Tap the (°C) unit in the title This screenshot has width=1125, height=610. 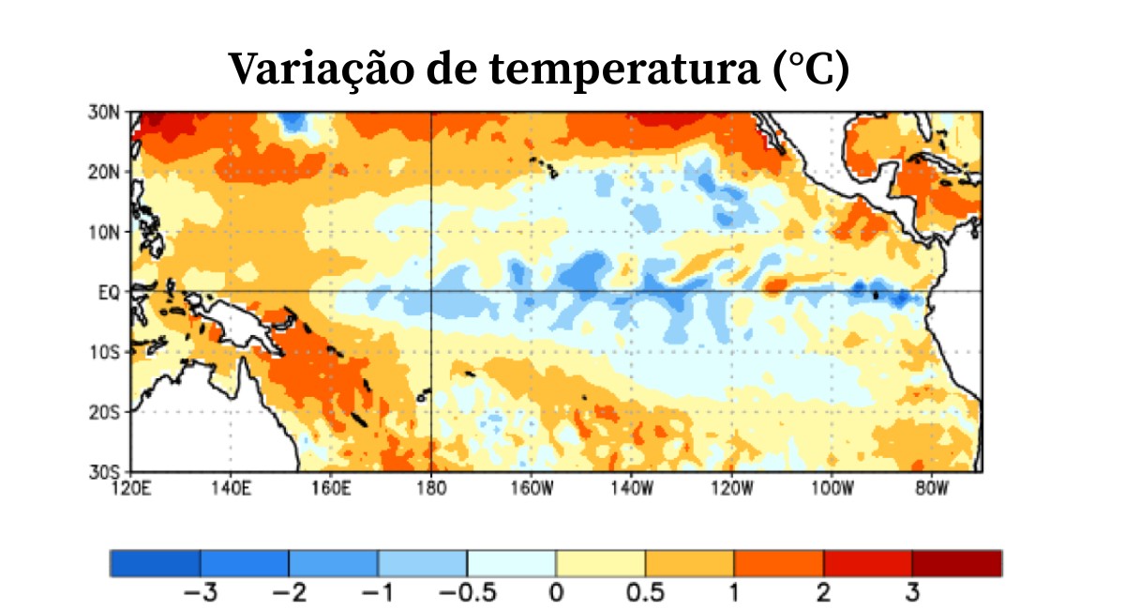click(x=813, y=69)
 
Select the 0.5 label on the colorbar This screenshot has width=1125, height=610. click(x=645, y=593)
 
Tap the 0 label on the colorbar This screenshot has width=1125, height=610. click(x=556, y=593)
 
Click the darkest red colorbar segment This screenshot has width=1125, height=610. click(x=956, y=563)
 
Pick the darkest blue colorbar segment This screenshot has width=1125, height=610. click(x=155, y=563)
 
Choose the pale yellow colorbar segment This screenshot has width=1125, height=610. click(x=600, y=563)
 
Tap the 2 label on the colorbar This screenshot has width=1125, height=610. click(x=823, y=593)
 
